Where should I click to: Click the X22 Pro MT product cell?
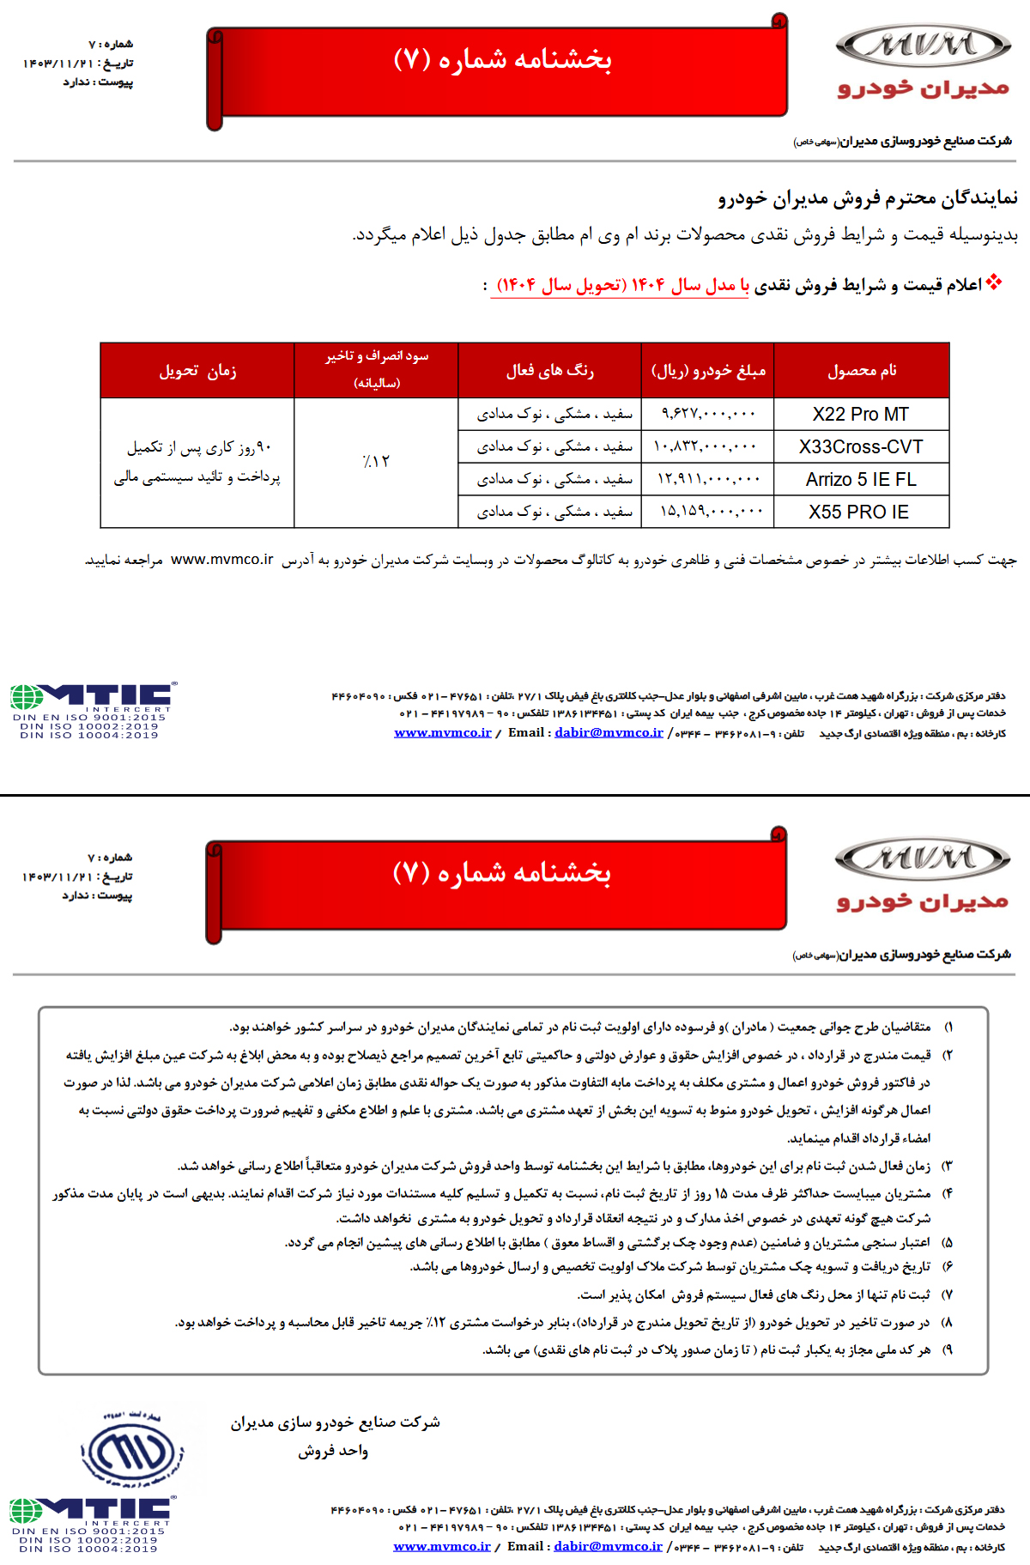point(861,414)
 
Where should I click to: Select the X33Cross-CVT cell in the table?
point(861,446)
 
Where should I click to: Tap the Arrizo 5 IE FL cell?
point(861,479)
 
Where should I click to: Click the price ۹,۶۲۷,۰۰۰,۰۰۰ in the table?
point(708,414)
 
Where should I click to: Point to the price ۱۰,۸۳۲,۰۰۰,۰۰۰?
point(706,446)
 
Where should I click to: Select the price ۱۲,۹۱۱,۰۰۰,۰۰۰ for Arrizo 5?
point(709,479)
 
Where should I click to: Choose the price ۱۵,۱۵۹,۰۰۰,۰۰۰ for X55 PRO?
point(711,512)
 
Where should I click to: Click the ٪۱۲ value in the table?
point(376,461)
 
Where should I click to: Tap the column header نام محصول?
point(862,370)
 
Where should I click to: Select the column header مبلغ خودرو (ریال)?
point(708,370)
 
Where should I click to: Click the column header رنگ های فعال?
point(549,370)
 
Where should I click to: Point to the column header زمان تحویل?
point(197,370)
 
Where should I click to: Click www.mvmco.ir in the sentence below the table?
point(221,559)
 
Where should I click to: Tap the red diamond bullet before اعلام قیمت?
point(994,282)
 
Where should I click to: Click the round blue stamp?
point(132,1453)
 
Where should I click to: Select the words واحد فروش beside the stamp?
point(333,1451)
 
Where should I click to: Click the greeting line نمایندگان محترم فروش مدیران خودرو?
point(867,198)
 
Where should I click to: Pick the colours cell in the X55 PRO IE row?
point(554,512)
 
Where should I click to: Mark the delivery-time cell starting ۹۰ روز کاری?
point(197,462)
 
